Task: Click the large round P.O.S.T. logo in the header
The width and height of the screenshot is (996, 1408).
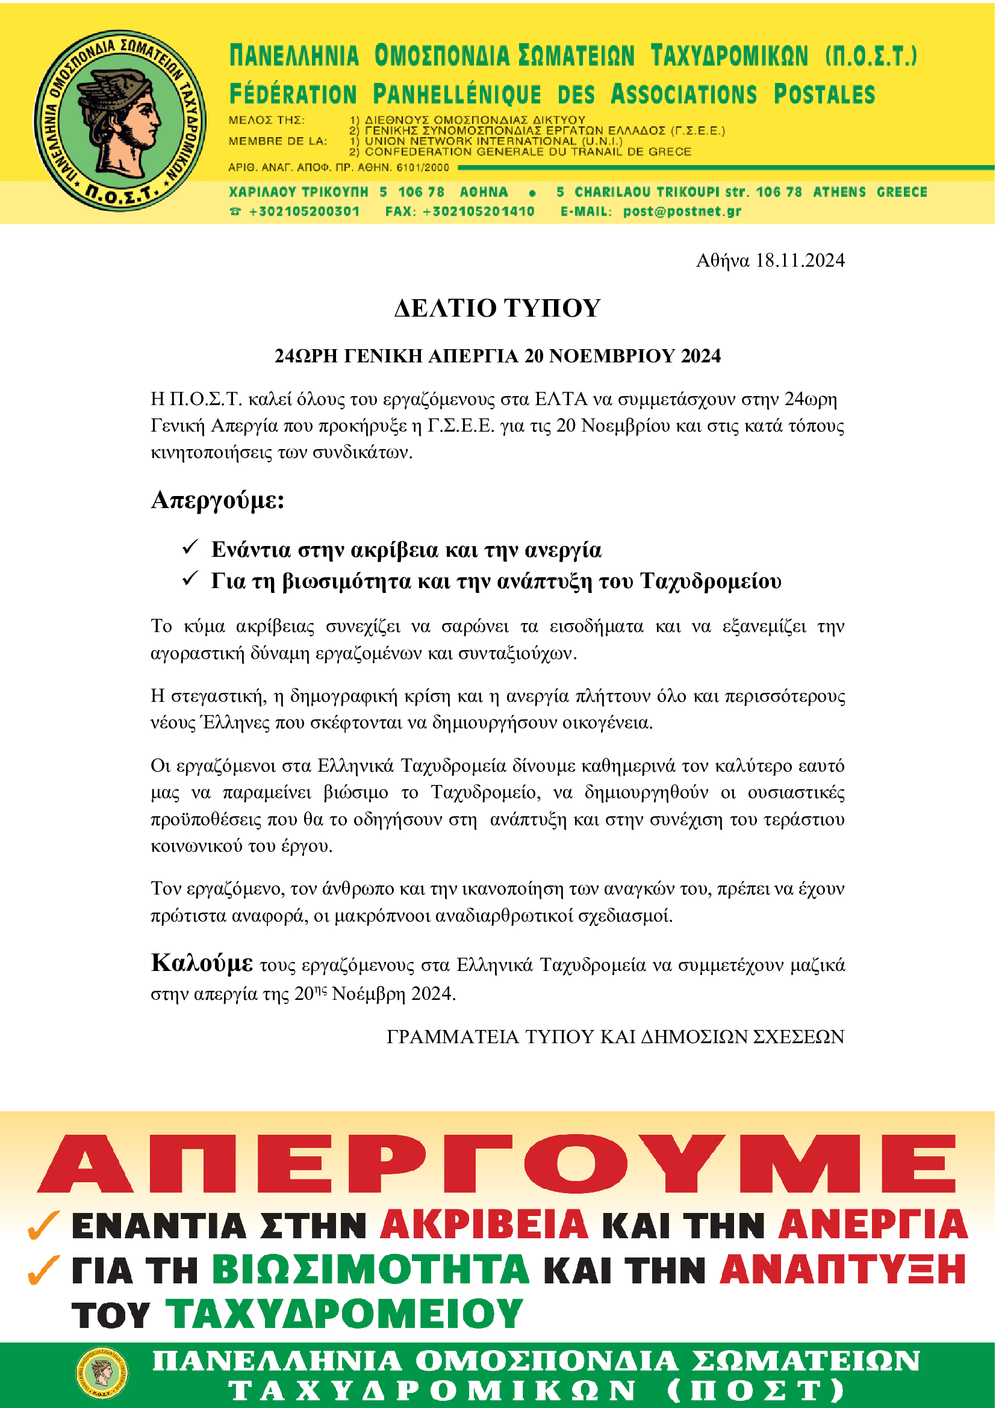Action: click(120, 120)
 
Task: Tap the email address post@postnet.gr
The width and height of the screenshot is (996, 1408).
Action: click(682, 211)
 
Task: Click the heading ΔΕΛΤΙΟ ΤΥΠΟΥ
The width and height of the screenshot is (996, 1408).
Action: click(497, 308)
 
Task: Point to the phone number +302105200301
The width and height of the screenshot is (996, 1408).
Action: click(303, 211)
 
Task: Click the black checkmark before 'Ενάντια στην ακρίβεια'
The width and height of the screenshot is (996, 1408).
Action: click(190, 547)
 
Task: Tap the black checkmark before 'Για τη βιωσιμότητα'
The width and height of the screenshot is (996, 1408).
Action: click(190, 578)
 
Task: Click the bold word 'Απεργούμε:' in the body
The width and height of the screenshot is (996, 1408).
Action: click(218, 500)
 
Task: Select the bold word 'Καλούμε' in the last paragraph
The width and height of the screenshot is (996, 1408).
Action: click(202, 963)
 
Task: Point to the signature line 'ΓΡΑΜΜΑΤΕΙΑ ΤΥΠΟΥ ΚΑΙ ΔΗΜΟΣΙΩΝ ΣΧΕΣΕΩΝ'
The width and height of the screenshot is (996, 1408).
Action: click(615, 1037)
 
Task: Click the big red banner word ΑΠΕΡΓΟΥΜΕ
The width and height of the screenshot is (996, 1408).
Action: click(497, 1164)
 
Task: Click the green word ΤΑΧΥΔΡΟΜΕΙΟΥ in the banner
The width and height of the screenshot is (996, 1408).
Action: click(344, 1314)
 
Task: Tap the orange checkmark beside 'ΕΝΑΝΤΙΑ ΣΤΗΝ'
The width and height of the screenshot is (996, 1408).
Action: click(43, 1225)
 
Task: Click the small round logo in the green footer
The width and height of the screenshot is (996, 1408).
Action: click(102, 1374)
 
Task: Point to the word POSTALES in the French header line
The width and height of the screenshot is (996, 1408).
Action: click(824, 95)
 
